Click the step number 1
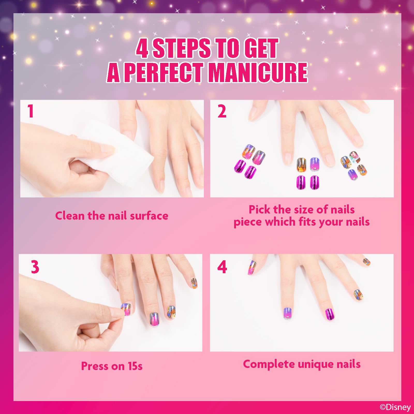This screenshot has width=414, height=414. [31, 111]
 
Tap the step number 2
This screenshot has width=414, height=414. [222, 112]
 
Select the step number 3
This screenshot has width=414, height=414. [35, 267]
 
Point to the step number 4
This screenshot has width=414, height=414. [222, 267]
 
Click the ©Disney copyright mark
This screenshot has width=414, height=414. [395, 407]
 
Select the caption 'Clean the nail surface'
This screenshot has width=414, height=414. [112, 216]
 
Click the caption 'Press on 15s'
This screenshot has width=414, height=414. [112, 366]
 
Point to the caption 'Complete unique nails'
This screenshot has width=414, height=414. [302, 364]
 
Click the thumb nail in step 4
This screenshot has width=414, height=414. [252, 268]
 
